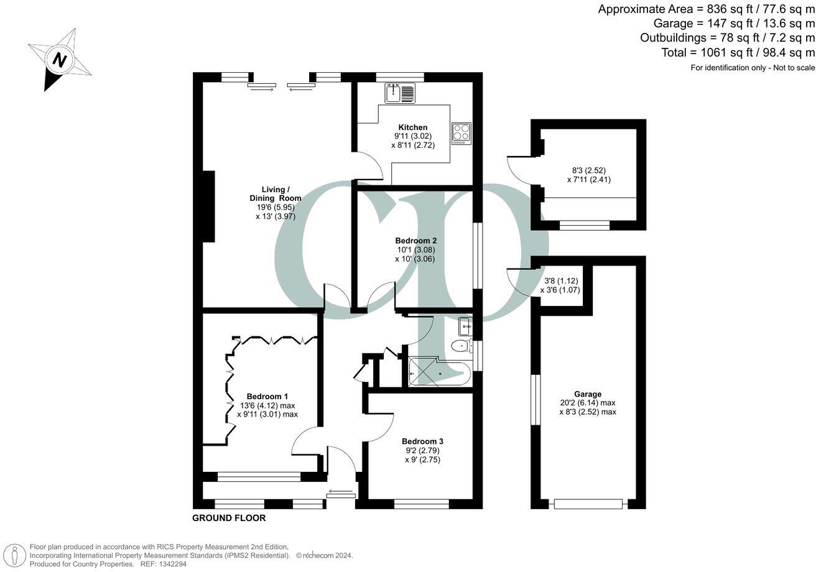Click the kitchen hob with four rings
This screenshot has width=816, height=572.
(461, 133)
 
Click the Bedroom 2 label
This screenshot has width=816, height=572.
(415, 241)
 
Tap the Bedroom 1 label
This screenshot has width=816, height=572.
(267, 396)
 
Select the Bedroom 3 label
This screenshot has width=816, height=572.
(422, 441)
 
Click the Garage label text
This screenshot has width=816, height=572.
(587, 394)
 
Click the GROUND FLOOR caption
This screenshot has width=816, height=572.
(229, 518)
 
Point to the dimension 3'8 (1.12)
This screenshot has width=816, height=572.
(560, 280)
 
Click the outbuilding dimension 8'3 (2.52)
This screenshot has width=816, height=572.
(588, 170)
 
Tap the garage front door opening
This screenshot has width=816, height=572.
(588, 504)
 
